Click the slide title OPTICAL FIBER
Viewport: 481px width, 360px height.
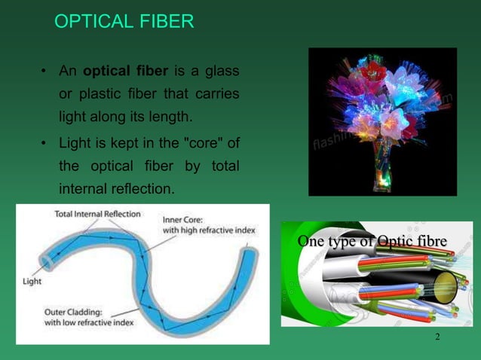pos(124,22)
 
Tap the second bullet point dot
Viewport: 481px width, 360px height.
pos(44,142)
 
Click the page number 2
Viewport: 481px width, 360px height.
pos(437,336)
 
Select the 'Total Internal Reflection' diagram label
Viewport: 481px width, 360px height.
pos(97,214)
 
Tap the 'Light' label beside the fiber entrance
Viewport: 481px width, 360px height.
pos(31,281)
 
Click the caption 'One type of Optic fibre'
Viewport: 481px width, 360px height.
pos(372,242)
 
